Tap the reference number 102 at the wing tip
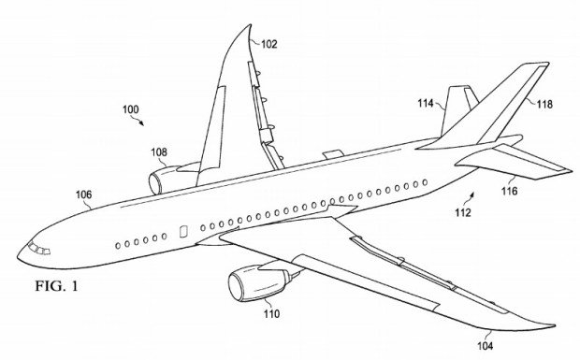268,43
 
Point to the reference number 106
83,194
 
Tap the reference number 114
426,103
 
